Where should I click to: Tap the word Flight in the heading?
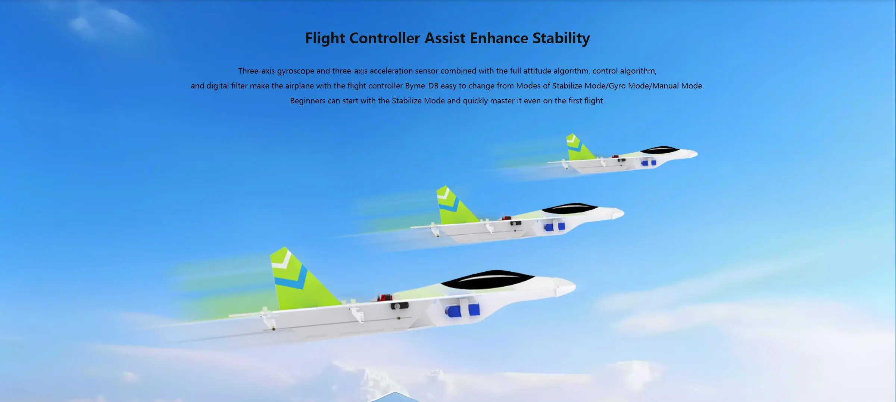pos(325,38)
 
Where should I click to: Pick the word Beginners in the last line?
pos(308,101)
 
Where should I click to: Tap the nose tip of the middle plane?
pos(622,214)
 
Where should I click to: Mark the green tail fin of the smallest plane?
pos(578,148)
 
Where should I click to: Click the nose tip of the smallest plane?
pos(696,153)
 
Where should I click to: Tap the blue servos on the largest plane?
pos(463,309)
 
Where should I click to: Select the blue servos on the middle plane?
pos(554,226)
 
